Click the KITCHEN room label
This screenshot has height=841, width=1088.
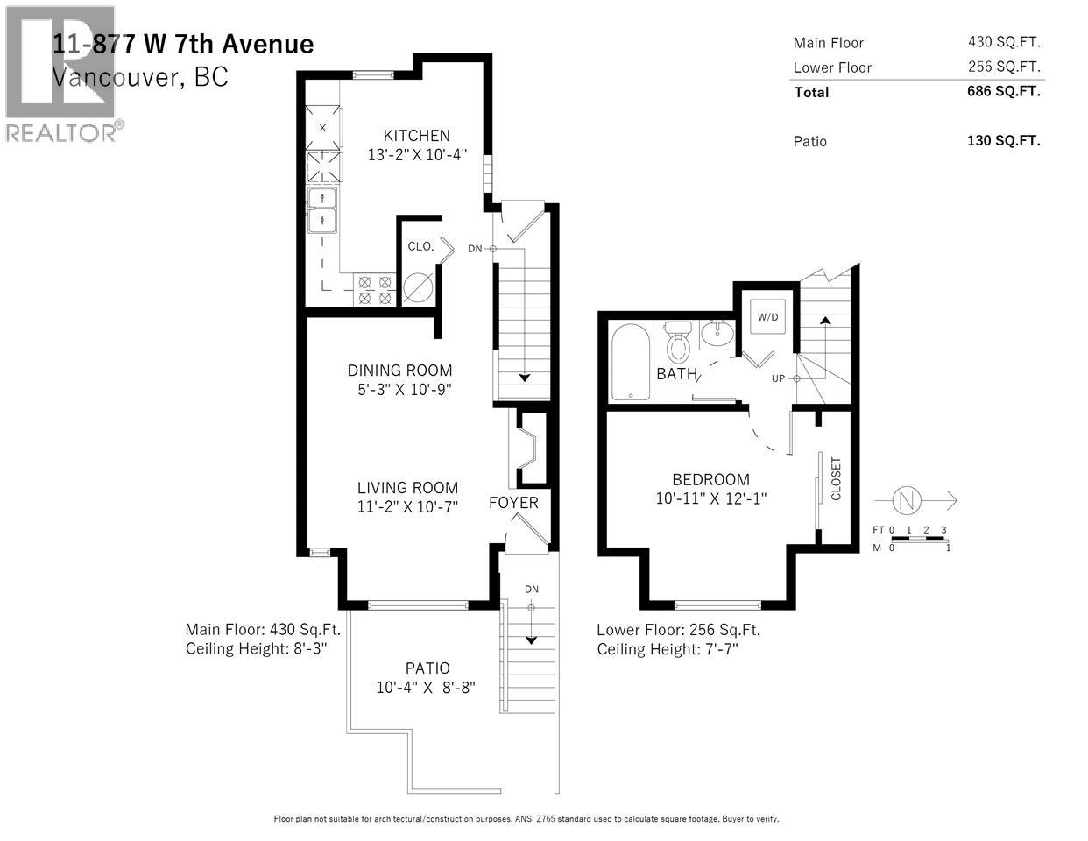click(x=416, y=136)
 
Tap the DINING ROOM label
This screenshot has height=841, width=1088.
click(x=399, y=371)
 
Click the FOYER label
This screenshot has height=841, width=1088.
click(x=513, y=503)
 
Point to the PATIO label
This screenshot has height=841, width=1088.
click(x=427, y=668)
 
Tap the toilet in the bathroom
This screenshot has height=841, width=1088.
click(x=678, y=345)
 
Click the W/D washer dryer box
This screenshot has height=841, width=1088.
click(x=767, y=317)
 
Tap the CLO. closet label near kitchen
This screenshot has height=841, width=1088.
click(x=420, y=246)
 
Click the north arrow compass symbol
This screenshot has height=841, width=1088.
click(x=906, y=500)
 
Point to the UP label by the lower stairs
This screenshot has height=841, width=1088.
click(x=777, y=378)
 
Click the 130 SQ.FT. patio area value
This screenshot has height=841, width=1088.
click(x=1004, y=141)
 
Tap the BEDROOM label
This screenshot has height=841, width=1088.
click(x=710, y=479)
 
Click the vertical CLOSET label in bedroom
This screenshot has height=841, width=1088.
click(x=835, y=478)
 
